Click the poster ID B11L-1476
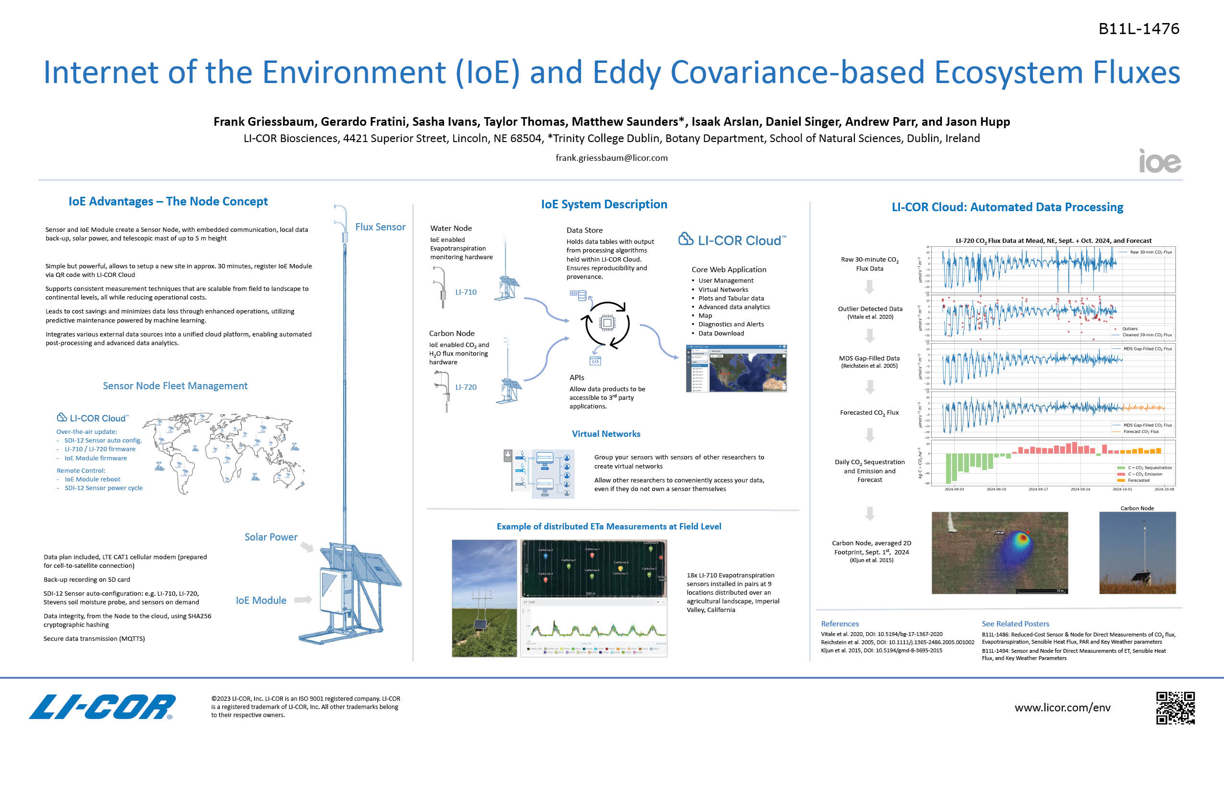coord(1139,29)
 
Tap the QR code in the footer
coord(1175,708)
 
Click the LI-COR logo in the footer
coord(102,707)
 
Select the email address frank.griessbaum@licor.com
coord(612,158)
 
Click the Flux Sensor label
coord(380,227)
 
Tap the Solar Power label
coord(271,537)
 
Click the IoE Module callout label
coord(261,600)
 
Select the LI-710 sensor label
coord(466,292)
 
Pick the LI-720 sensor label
coord(466,387)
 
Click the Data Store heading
coord(584,230)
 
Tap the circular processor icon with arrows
coord(607,323)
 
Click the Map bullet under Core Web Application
coord(705,315)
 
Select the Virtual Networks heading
coord(606,433)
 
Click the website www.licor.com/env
coord(1063,708)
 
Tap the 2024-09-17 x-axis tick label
coord(1038,489)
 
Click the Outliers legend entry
coord(1129,329)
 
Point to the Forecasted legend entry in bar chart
coord(1138,480)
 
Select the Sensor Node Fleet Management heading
coord(175,386)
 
